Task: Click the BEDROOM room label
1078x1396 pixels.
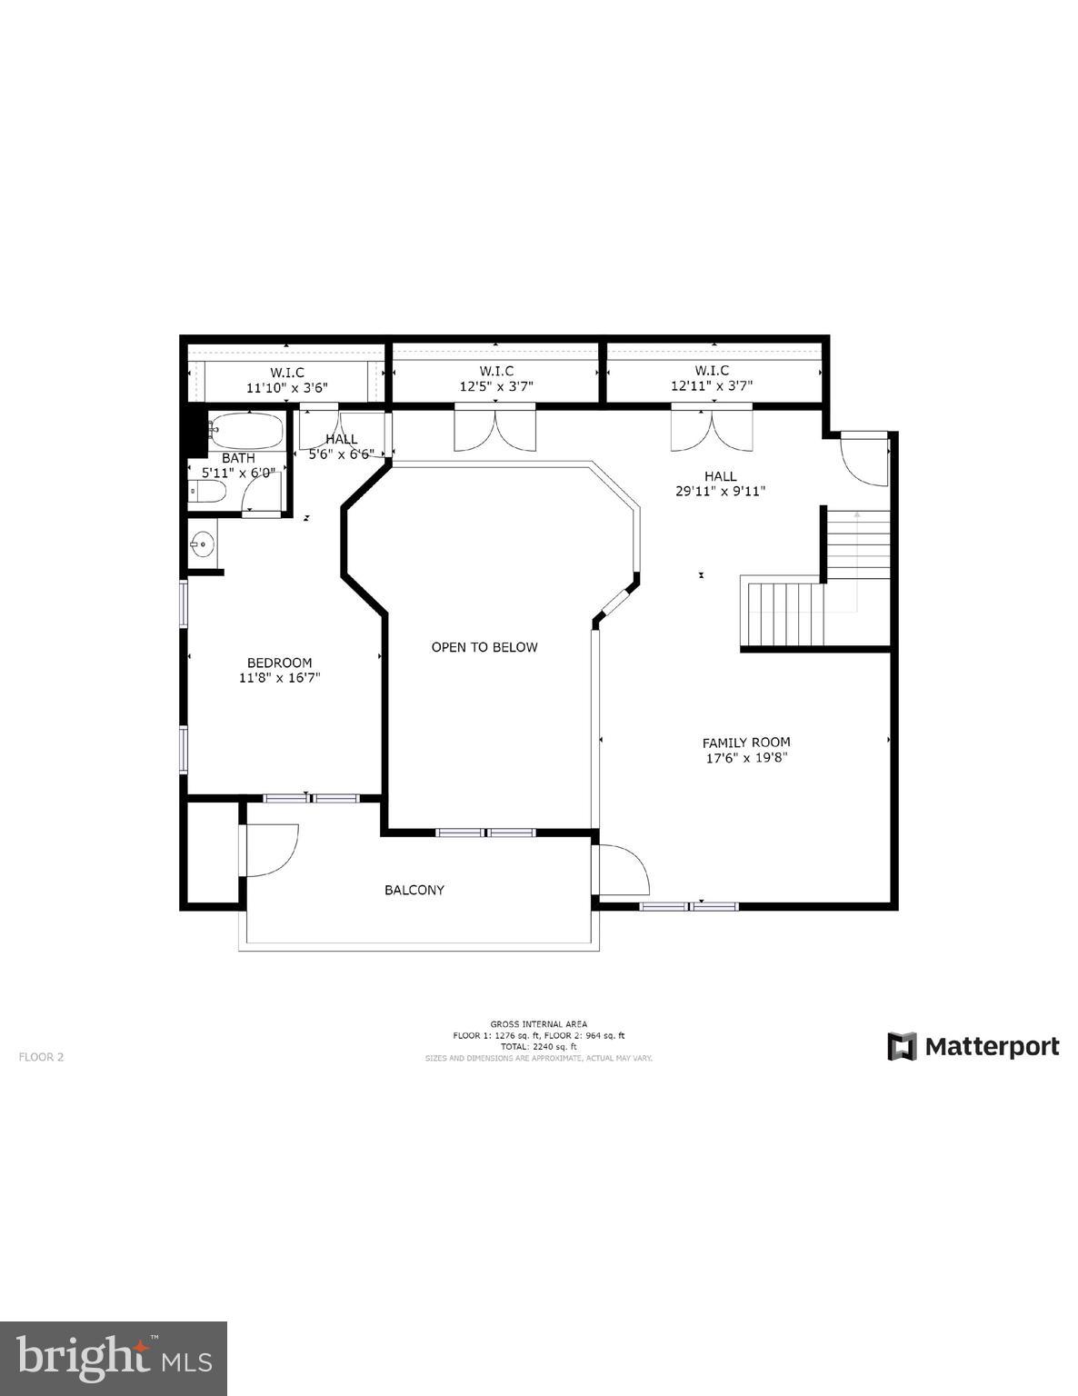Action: pyautogui.click(x=279, y=663)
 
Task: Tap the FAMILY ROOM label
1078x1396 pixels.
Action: pyautogui.click(x=745, y=742)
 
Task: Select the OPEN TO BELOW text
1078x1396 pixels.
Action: pyautogui.click(x=484, y=647)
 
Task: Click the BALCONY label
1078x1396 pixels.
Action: pyautogui.click(x=414, y=890)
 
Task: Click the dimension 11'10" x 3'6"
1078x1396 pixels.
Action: pyautogui.click(x=286, y=387)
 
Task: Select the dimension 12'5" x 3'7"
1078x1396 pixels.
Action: pyautogui.click(x=495, y=385)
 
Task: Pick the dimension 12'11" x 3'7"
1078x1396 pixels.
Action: pyautogui.click(x=712, y=385)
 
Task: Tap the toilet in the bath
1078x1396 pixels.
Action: pyautogui.click(x=206, y=492)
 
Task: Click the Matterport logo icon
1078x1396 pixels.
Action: pyautogui.click(x=902, y=1046)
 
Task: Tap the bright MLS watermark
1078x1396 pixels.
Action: pyautogui.click(x=114, y=1359)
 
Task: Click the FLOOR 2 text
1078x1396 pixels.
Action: pyautogui.click(x=41, y=1057)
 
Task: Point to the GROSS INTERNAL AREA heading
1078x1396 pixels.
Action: pyautogui.click(x=538, y=1024)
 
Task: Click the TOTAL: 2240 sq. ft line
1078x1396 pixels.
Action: pyautogui.click(x=538, y=1046)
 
